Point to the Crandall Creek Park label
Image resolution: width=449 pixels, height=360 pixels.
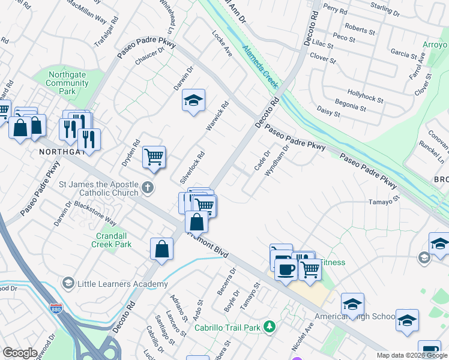[111, 240]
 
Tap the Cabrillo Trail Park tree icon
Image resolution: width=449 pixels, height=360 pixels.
[270, 327]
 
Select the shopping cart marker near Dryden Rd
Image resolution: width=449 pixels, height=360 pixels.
[154, 158]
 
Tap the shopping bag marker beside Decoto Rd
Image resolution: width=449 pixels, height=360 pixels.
[162, 249]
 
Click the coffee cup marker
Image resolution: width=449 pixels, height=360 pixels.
[286, 270]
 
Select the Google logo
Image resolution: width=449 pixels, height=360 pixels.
[20, 353]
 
